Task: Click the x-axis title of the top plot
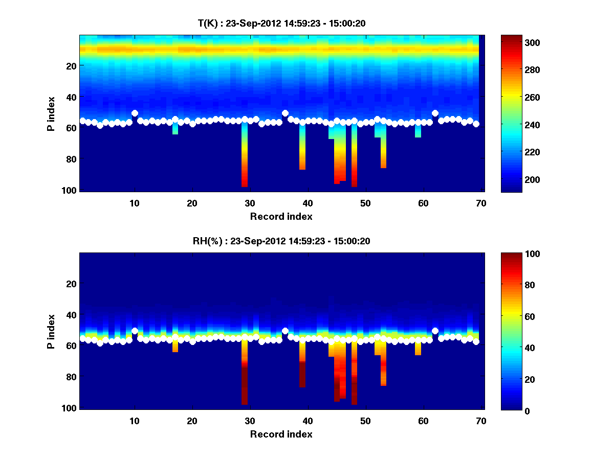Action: pyautogui.click(x=281, y=216)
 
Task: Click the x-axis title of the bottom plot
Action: pyautogui.click(x=281, y=434)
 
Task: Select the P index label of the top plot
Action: pyautogui.click(x=51, y=113)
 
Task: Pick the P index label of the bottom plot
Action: pyautogui.click(x=51, y=331)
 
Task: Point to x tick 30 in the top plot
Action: pyautogui.click(x=250, y=203)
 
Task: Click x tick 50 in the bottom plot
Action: pyautogui.click(x=365, y=421)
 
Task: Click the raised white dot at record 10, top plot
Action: pyautogui.click(x=135, y=113)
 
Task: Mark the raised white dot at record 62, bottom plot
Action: pyautogui.click(x=435, y=331)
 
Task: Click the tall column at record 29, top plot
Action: pyautogui.click(x=245, y=158)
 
